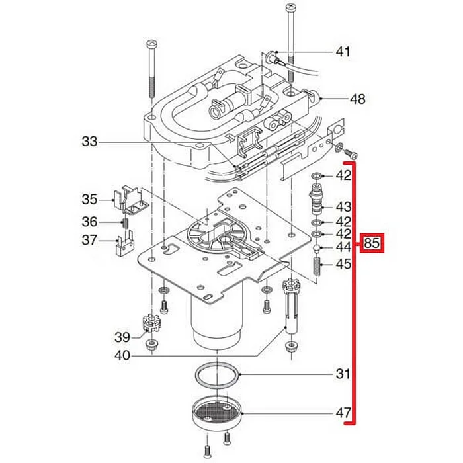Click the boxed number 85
tap(372, 244)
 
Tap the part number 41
tap(343, 52)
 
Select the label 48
tap(357, 100)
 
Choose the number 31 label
tap(342, 374)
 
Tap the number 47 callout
tap(342, 414)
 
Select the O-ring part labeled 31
tap(219, 375)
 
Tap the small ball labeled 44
tap(317, 248)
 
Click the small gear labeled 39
tap(152, 325)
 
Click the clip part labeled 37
tap(124, 243)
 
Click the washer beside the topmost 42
tap(317, 176)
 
